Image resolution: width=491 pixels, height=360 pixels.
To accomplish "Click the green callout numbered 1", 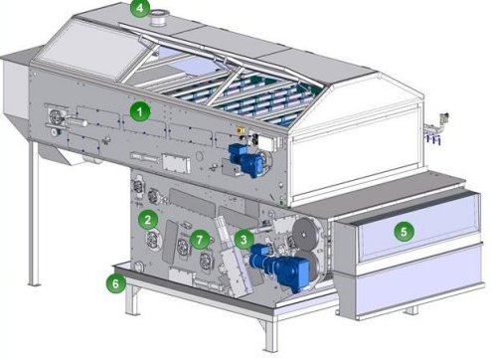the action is click(x=140, y=111).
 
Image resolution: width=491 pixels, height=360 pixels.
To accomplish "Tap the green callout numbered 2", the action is click(x=148, y=219).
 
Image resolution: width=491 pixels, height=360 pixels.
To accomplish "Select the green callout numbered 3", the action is click(x=244, y=239).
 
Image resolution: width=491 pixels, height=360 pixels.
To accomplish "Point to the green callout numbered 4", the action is click(x=140, y=8).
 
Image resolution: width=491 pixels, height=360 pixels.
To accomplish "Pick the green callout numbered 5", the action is click(x=404, y=231).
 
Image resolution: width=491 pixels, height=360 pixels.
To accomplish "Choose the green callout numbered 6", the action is click(x=115, y=283).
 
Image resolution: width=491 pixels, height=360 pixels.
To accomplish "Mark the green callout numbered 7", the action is click(x=200, y=239).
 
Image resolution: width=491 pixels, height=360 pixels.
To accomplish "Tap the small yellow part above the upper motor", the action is click(x=239, y=130).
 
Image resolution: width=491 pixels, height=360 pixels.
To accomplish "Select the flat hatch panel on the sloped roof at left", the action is click(x=88, y=51).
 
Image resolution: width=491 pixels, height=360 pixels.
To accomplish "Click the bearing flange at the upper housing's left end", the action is click(x=56, y=116).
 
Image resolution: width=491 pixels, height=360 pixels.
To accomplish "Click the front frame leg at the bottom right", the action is click(x=270, y=335).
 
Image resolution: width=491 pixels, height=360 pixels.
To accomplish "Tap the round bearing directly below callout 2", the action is click(x=153, y=240).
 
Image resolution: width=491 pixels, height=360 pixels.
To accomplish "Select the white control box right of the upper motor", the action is click(x=264, y=142).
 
